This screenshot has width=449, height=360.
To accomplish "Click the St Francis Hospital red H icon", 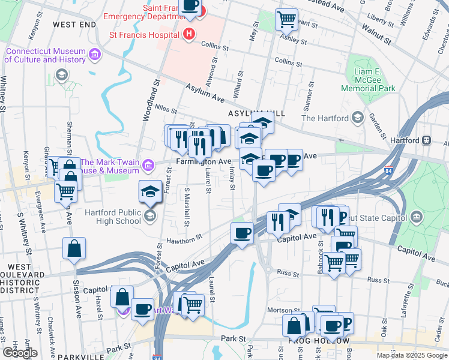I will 190,34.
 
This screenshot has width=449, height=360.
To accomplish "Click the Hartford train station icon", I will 427,140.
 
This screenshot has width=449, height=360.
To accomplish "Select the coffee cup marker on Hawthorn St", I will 243,233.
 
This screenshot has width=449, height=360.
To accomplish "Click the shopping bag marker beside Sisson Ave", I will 74,249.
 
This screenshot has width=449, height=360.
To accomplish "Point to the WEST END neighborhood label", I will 74,24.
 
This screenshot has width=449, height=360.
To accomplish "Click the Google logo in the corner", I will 20,353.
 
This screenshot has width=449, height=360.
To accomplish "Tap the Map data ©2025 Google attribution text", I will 412,355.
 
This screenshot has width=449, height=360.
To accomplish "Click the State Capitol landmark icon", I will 417,216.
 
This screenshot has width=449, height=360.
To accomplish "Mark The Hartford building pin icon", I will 358,118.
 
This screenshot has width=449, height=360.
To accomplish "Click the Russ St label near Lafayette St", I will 378,280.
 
